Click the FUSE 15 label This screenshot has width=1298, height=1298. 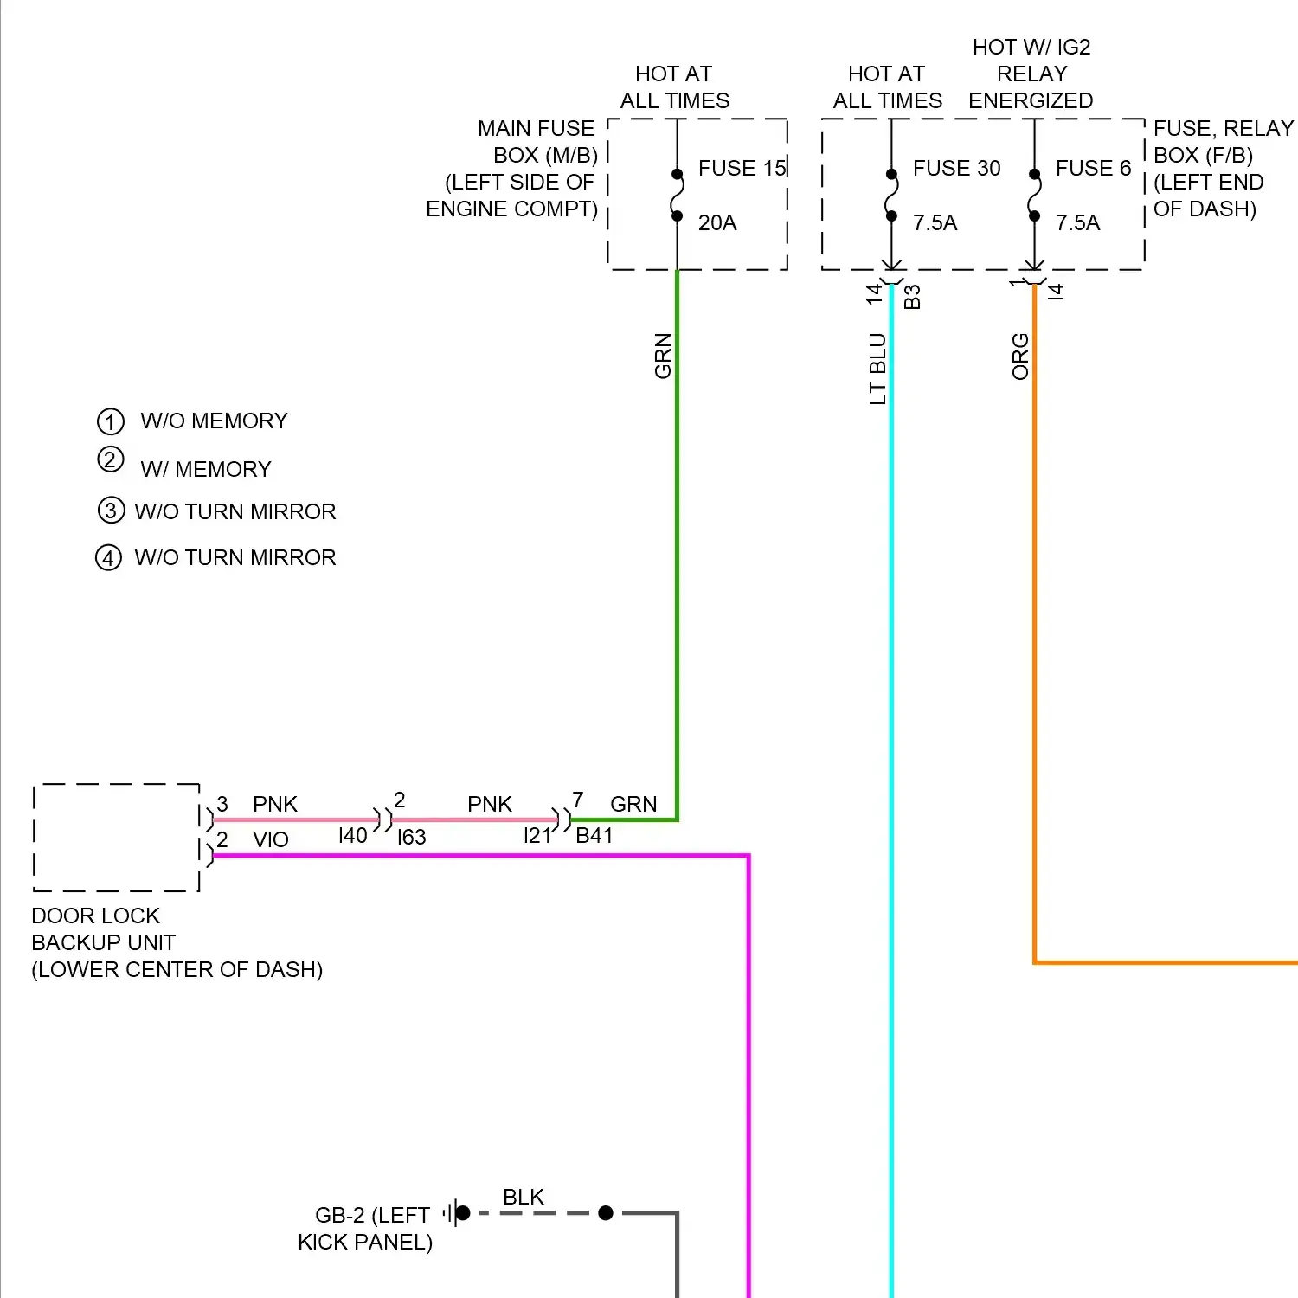(x=742, y=168)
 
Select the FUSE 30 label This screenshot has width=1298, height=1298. (x=956, y=168)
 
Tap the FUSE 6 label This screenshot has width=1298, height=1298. (x=1093, y=168)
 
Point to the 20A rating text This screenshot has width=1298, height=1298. (x=717, y=223)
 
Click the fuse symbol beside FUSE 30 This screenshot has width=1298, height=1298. (x=891, y=195)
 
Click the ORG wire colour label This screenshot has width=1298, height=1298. (x=1021, y=357)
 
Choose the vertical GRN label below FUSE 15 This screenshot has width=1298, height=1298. (x=663, y=356)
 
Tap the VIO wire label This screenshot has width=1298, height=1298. (x=271, y=839)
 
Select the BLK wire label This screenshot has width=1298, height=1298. (x=524, y=1197)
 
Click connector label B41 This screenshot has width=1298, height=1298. (x=594, y=836)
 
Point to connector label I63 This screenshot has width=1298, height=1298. (x=412, y=838)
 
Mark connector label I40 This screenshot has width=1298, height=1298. (x=353, y=836)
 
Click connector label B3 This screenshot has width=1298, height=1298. (x=912, y=297)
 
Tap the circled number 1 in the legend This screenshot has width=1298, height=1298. (x=111, y=421)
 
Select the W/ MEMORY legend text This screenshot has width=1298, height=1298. (x=206, y=469)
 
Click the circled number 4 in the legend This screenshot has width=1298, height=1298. (x=108, y=557)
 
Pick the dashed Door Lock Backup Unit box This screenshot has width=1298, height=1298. (x=117, y=838)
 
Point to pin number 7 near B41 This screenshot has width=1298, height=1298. (x=578, y=800)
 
